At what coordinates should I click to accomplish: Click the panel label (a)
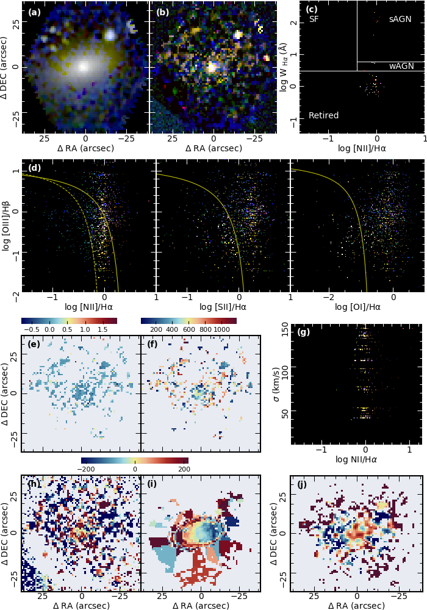[x=34, y=12]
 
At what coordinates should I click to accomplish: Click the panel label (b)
[x=162, y=12]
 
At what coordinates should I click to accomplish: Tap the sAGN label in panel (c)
[x=400, y=20]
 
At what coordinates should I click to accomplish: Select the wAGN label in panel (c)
[x=401, y=66]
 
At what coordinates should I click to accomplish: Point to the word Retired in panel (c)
[x=323, y=115]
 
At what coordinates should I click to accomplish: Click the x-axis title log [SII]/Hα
[x=223, y=307]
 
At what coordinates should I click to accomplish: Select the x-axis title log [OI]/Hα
[x=357, y=307]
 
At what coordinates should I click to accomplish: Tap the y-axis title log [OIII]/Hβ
[x=8, y=227]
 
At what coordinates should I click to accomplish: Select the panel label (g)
[x=303, y=332]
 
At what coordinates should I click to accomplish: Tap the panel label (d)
[x=34, y=168]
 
